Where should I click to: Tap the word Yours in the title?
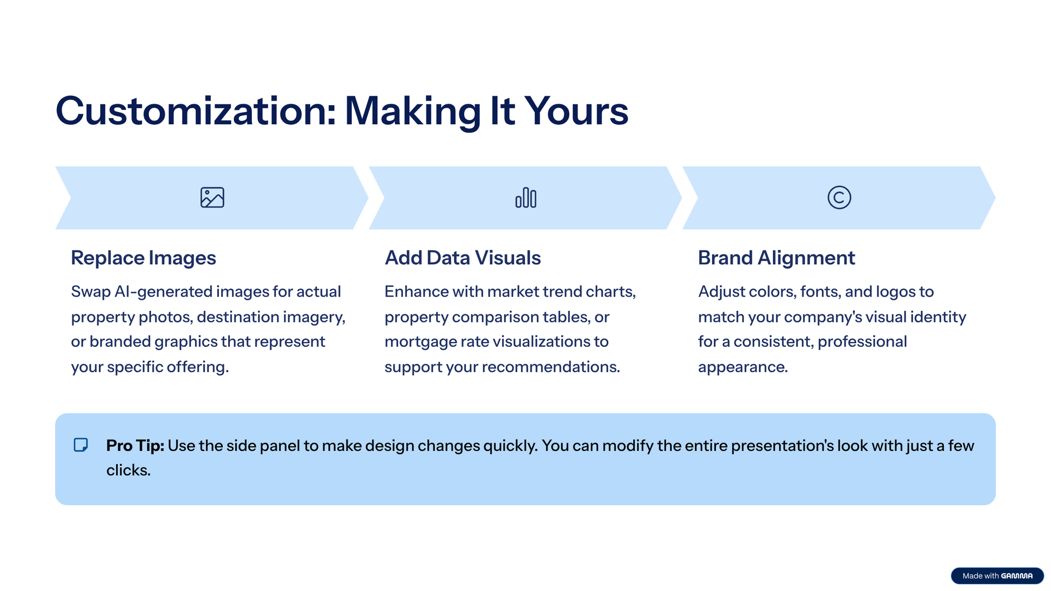(576, 111)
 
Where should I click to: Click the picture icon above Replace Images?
(212, 198)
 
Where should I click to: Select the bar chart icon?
(526, 198)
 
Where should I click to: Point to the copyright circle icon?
(839, 198)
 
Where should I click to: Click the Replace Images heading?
(143, 258)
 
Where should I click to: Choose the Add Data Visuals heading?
(463, 258)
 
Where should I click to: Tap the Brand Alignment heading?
(776, 258)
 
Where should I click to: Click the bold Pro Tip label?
(135, 445)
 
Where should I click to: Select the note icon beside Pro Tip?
(81, 445)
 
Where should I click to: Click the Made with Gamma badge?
(997, 576)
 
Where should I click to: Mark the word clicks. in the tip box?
(129, 470)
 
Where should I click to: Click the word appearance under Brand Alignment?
(743, 367)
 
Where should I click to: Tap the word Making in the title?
(413, 111)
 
